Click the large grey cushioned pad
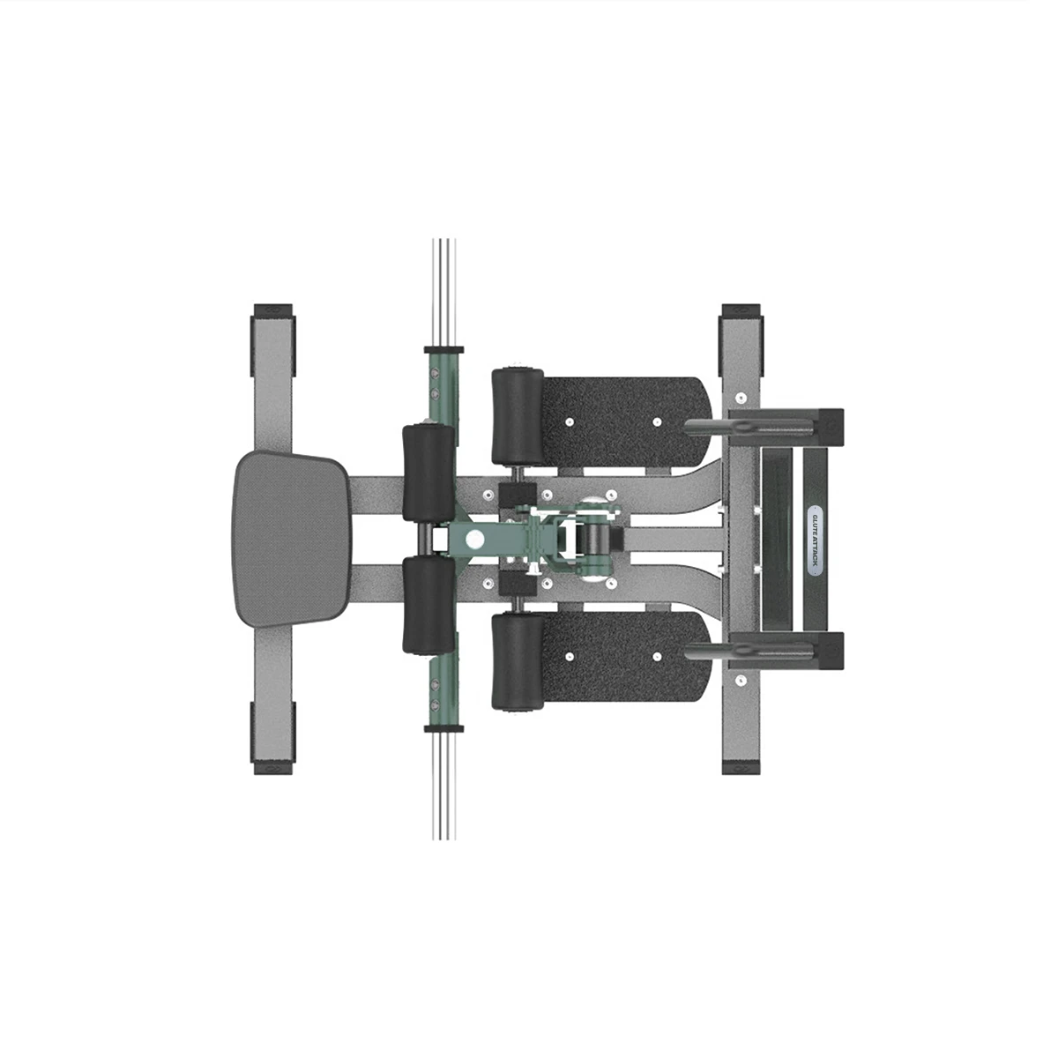(x=291, y=540)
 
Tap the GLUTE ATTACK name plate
(x=816, y=540)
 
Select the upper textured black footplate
(x=626, y=421)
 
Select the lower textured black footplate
(x=626, y=657)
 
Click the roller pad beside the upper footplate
(x=518, y=417)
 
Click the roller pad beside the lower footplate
(x=518, y=661)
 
